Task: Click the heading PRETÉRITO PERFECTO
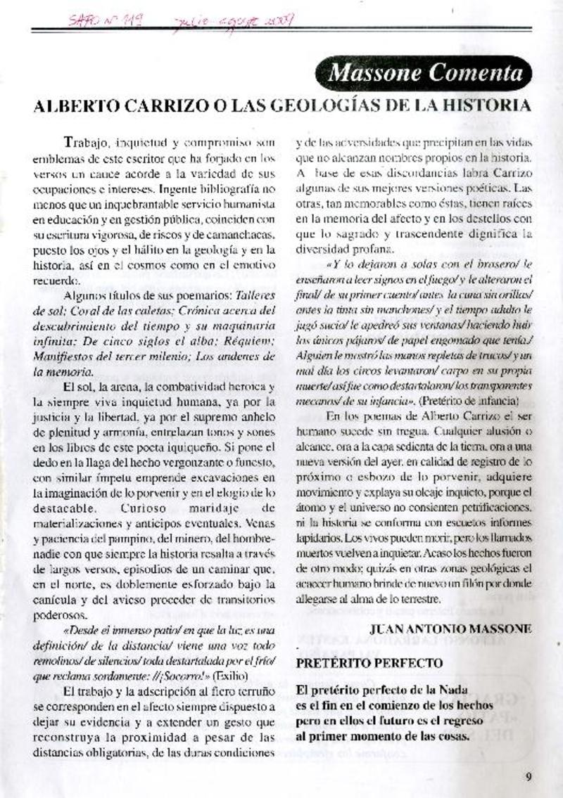[x=369, y=663]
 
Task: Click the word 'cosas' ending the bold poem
[x=453, y=737]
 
